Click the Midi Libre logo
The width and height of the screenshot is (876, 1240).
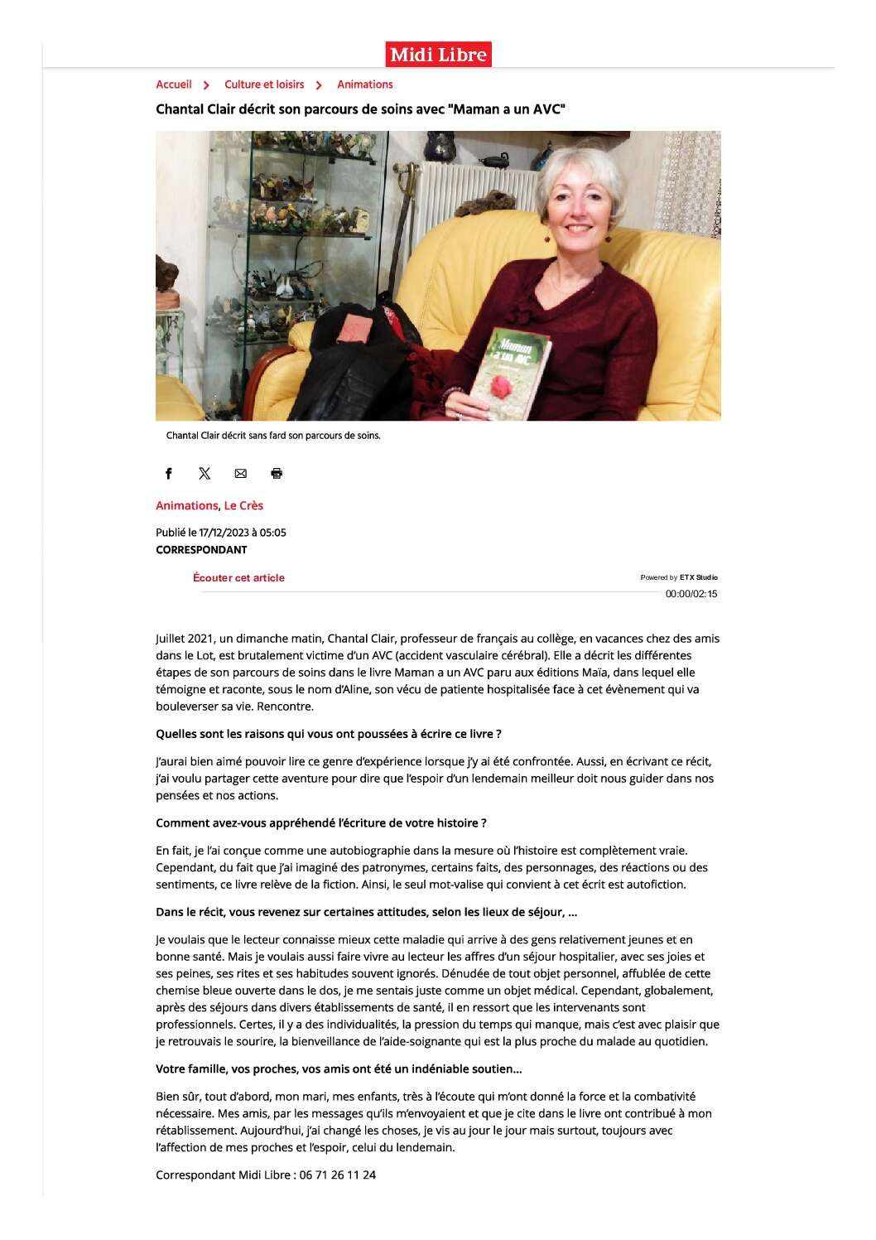[438, 55]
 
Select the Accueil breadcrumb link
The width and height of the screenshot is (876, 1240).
[174, 84]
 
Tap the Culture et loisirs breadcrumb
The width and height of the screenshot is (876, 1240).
[264, 84]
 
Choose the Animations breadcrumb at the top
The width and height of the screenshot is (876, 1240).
[365, 84]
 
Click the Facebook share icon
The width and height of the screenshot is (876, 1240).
[169, 474]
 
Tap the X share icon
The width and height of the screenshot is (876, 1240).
[205, 474]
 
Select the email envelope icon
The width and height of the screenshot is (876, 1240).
[241, 474]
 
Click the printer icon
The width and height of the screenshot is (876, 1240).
[277, 474]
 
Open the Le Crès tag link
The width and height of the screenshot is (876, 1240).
[243, 505]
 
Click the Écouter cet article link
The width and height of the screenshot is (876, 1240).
[238, 578]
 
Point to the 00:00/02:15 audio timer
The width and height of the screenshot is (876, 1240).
[691, 594]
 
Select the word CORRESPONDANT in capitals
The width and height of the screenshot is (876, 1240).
[201, 550]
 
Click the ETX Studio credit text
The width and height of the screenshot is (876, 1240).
[698, 577]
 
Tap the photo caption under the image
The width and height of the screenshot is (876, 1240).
[273, 436]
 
